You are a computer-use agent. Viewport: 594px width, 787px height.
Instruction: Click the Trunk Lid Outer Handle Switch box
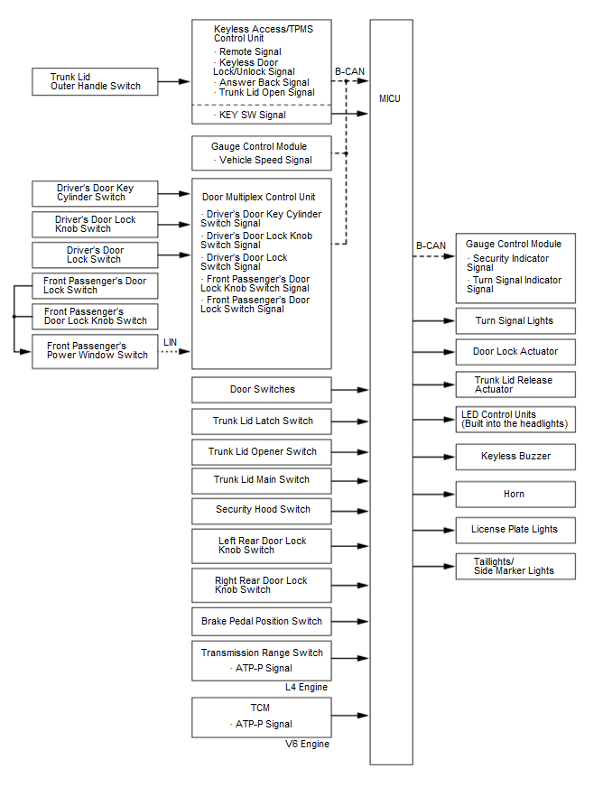95,81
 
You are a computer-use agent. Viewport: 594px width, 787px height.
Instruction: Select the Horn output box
515,494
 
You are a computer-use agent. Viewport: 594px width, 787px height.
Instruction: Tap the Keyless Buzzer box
515,456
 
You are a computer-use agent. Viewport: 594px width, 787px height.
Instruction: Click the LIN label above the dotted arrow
171,342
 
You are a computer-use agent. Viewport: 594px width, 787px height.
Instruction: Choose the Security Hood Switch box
262,510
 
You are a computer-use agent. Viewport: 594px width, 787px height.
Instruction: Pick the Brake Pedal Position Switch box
262,622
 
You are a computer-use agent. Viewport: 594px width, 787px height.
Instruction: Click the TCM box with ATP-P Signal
262,717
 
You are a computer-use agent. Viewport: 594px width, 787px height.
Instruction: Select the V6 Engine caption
307,745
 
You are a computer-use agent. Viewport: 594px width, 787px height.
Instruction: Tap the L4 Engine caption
306,688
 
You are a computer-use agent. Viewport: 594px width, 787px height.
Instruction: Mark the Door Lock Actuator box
515,351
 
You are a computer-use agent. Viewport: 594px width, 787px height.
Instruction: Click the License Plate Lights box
515,529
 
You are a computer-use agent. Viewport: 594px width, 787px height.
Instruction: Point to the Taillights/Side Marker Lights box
515,566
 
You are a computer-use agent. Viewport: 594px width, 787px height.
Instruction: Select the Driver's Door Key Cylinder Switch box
95,193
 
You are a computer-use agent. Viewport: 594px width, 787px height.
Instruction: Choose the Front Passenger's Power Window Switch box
95,351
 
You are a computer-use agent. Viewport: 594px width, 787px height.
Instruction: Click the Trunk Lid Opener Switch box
262,451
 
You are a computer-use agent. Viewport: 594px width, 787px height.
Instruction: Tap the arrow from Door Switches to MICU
350,390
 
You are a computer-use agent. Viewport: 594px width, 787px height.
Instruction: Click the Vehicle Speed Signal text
265,161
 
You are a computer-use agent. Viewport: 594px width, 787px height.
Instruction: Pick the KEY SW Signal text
252,116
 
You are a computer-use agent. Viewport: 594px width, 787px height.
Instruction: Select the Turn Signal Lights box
515,320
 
